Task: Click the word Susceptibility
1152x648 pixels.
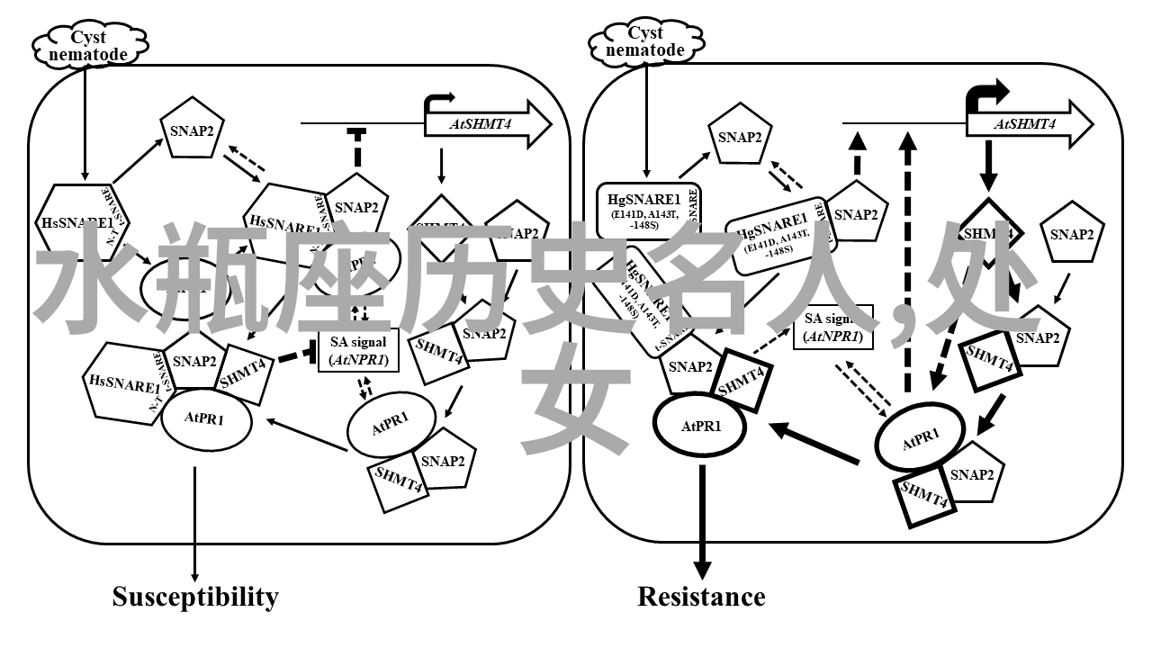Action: coord(195,597)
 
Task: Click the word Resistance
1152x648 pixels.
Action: coord(701,597)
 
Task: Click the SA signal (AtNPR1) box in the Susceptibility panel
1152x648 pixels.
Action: coord(359,350)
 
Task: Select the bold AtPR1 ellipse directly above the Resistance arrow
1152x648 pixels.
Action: coord(700,427)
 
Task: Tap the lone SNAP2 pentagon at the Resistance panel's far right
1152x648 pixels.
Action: coord(1071,236)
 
